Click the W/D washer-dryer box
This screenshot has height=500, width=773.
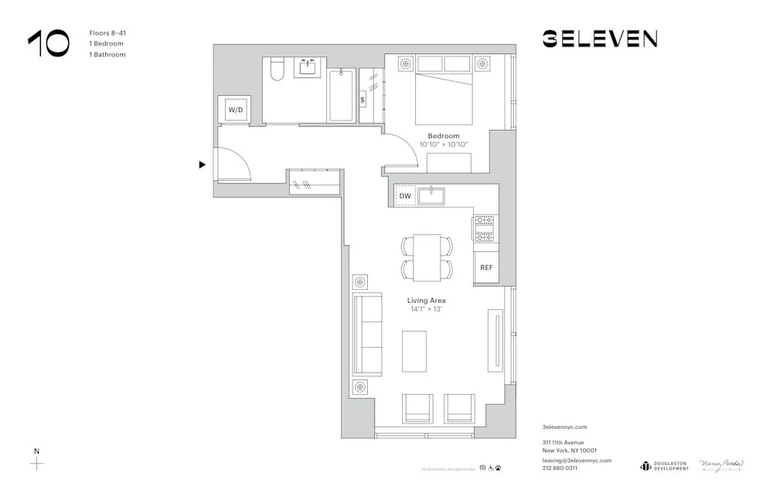pyautogui.click(x=235, y=110)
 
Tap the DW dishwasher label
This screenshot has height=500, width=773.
pyautogui.click(x=405, y=196)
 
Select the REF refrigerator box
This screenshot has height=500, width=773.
pyautogui.click(x=486, y=267)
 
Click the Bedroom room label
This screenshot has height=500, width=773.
pyautogui.click(x=444, y=136)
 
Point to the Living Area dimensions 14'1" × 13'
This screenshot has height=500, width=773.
pyautogui.click(x=426, y=309)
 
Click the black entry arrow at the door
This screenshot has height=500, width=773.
pyautogui.click(x=203, y=165)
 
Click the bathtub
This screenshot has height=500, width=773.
pyautogui.click(x=342, y=95)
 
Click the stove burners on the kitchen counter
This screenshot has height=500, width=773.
pyautogui.click(x=485, y=228)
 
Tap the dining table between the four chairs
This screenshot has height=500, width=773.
pyautogui.click(x=426, y=257)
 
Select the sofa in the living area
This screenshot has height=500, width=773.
pyautogui.click(x=367, y=334)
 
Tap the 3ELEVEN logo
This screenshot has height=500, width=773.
pyautogui.click(x=599, y=39)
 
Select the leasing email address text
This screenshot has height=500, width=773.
pyautogui.click(x=577, y=460)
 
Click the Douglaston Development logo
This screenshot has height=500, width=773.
pyautogui.click(x=664, y=465)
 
